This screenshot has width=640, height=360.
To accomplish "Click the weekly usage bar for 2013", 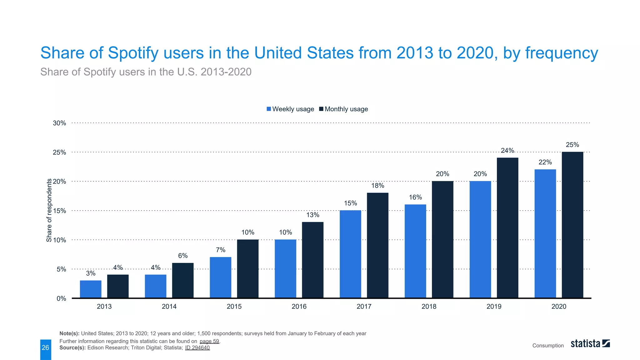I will [x=91, y=289].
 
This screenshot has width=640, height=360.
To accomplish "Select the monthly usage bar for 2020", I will [x=572, y=225].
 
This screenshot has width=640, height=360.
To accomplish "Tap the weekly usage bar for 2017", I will [x=350, y=254].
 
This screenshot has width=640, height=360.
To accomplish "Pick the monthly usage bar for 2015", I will [x=248, y=269].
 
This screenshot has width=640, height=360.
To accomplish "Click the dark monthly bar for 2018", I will [x=442, y=239].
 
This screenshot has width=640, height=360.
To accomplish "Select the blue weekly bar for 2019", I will [x=480, y=239].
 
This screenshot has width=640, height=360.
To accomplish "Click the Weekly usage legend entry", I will [x=290, y=109].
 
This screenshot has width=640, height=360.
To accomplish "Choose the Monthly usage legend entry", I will [x=343, y=109].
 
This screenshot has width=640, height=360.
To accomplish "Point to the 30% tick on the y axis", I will [x=59, y=123].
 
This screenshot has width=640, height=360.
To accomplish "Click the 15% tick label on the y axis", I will [x=59, y=211].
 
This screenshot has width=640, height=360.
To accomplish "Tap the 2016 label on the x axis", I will [x=299, y=307].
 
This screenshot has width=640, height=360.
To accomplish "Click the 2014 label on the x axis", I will [x=169, y=307].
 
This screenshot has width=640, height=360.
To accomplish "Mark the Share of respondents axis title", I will [x=49, y=210].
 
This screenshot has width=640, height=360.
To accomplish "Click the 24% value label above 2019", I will [x=507, y=151].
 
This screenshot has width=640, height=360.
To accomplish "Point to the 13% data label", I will [x=312, y=215].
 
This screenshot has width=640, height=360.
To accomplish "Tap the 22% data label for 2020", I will [x=545, y=162].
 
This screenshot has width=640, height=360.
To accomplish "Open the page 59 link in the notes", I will [x=209, y=341].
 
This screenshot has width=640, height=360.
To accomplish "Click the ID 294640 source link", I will [x=197, y=348].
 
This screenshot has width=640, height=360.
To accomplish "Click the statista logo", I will [x=590, y=344].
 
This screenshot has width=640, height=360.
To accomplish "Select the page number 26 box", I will [x=46, y=348].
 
